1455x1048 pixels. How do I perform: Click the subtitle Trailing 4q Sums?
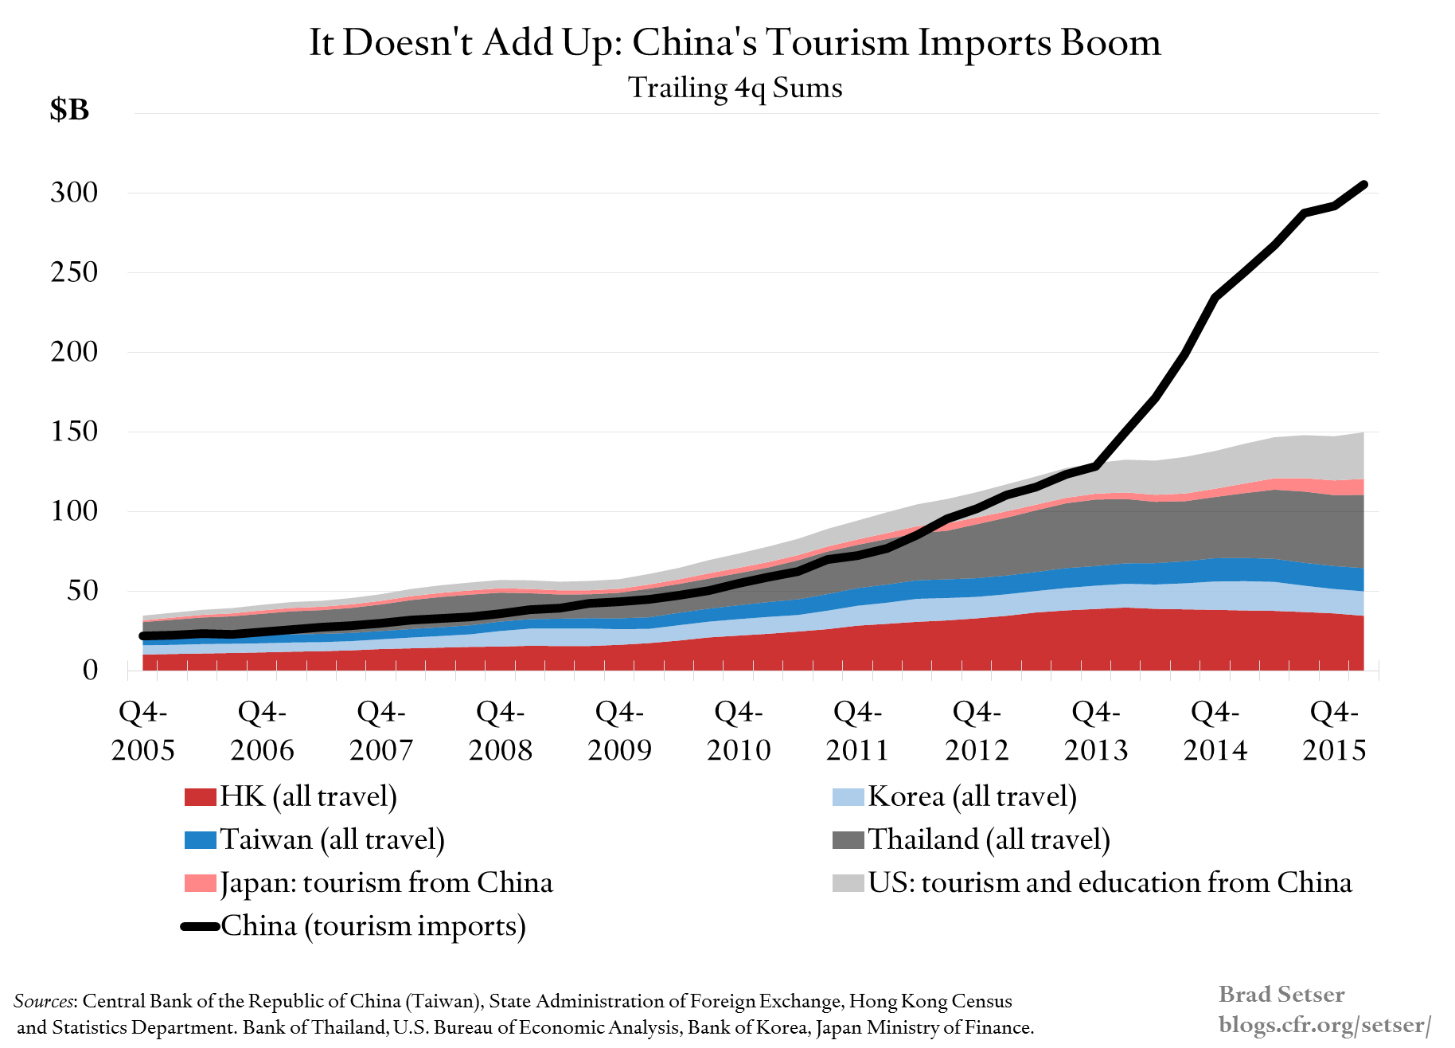pyautogui.click(x=735, y=88)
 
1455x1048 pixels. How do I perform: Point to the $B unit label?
pyautogui.click(x=69, y=110)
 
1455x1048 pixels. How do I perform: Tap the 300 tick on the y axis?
pyautogui.click(x=74, y=192)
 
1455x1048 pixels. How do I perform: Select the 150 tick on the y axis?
pyautogui.click(x=74, y=431)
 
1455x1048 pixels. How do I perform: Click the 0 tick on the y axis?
pyautogui.click(x=90, y=670)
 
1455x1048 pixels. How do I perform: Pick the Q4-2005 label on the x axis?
pyautogui.click(x=143, y=730)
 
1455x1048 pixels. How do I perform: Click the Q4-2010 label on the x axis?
pyautogui.click(x=739, y=730)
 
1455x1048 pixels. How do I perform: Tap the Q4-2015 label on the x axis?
pyautogui.click(x=1334, y=730)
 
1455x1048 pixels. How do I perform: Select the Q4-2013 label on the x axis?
pyautogui.click(x=1096, y=730)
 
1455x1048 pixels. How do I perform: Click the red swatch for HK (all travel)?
pyautogui.click(x=200, y=796)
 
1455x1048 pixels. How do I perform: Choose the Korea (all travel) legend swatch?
pyautogui.click(x=848, y=796)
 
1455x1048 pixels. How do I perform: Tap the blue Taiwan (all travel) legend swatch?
pyautogui.click(x=200, y=839)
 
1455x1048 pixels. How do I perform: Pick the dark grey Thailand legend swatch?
pyautogui.click(x=848, y=839)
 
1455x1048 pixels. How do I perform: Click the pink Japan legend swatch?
pyautogui.click(x=200, y=882)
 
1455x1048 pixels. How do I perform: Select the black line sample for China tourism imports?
pyautogui.click(x=200, y=926)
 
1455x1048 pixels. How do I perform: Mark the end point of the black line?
pyautogui.click(x=1363, y=185)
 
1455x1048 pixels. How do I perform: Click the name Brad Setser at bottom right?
pyautogui.click(x=1281, y=995)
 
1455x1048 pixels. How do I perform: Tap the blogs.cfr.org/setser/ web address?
pyautogui.click(x=1324, y=1025)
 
